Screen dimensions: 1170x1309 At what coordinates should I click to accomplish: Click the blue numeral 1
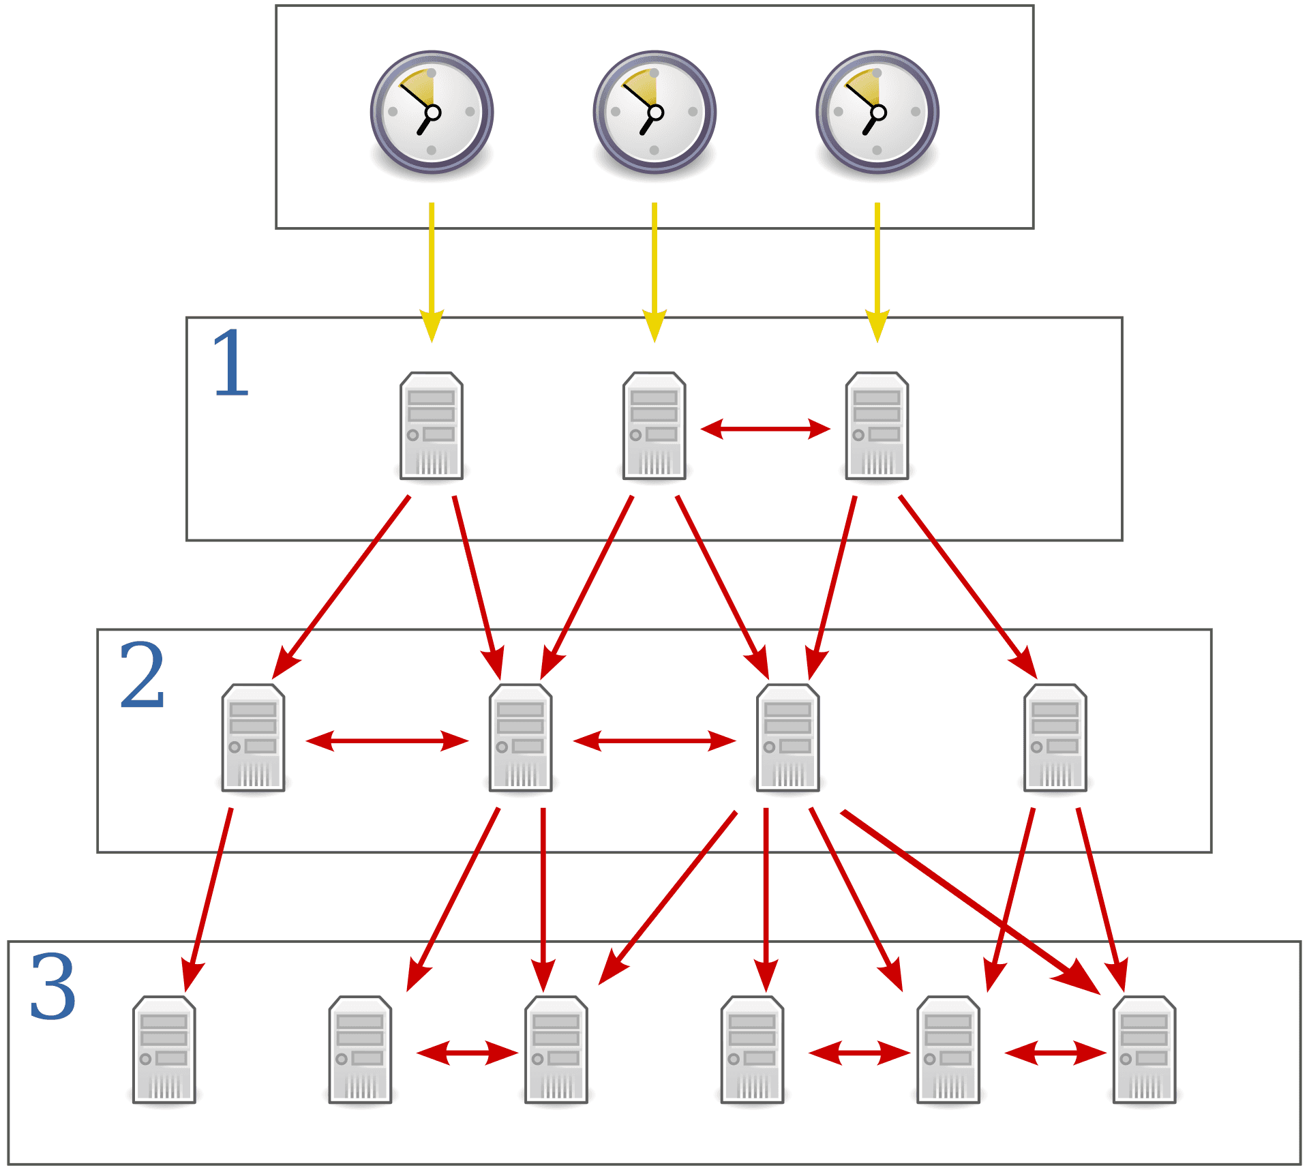(231, 363)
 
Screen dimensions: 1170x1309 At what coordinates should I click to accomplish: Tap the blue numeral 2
(142, 675)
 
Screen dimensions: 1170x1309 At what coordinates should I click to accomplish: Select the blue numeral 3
(53, 987)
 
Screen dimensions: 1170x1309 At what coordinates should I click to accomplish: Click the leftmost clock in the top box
(432, 112)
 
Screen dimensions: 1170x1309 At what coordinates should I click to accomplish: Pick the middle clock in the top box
(654, 112)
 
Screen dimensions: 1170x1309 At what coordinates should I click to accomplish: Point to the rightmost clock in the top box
(877, 112)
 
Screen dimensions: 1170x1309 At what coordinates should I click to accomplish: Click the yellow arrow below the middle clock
(654, 273)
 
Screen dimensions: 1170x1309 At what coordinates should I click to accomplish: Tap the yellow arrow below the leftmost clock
(432, 273)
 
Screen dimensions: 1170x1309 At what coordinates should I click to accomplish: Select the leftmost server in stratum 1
(432, 425)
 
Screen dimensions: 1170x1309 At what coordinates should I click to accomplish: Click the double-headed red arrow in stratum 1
(765, 429)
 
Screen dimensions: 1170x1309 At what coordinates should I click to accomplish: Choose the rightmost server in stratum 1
(877, 425)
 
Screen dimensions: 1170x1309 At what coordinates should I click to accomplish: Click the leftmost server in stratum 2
(253, 738)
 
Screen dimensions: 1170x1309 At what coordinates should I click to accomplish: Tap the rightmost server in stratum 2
(1055, 738)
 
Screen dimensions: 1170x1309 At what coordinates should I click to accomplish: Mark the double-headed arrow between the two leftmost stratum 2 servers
(387, 740)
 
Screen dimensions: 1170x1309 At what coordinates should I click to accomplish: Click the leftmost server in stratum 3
(164, 1050)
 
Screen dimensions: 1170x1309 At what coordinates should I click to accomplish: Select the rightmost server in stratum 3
(1144, 1050)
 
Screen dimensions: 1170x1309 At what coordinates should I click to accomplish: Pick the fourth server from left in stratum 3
(752, 1050)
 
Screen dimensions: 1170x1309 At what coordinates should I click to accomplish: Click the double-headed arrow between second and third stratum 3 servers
(467, 1053)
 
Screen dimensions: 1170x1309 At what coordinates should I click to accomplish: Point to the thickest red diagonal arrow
(968, 900)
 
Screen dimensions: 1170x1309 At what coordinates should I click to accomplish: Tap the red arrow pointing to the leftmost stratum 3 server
(208, 900)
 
